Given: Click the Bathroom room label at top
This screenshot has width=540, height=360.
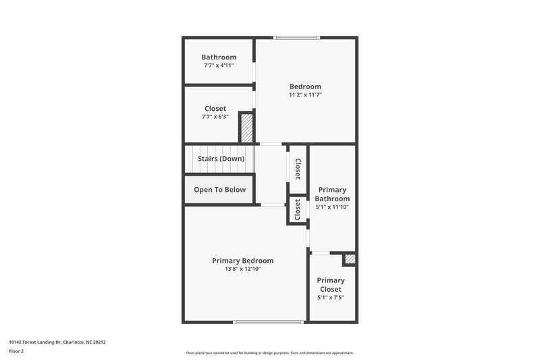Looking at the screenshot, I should [219, 57].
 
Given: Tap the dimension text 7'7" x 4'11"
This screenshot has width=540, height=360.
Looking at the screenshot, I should [219, 66].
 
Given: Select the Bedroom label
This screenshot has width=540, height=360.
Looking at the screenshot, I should [305, 86].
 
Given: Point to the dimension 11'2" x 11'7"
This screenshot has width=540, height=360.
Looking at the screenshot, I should [305, 95].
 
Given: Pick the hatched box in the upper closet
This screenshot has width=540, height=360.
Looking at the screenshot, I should [247, 128].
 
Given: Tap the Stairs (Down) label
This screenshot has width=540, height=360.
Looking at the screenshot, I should [221, 159].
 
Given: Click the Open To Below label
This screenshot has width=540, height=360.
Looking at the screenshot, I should [219, 190].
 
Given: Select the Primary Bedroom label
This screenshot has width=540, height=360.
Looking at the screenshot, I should [242, 261].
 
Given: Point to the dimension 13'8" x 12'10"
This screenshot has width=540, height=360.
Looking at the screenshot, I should [242, 269].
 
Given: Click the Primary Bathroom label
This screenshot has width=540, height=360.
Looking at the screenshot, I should [333, 195].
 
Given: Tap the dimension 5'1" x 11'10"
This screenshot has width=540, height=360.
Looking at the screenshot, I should [333, 207].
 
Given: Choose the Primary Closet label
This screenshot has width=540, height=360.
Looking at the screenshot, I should [331, 284].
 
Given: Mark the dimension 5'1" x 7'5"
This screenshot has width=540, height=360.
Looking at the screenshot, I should [331, 297].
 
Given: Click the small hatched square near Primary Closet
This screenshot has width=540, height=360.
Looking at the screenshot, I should [349, 259].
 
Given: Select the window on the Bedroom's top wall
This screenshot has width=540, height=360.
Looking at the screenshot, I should [296, 37].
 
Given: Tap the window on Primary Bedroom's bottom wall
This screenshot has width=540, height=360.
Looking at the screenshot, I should [268, 322].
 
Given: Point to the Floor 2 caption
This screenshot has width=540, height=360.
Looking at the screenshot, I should [16, 352].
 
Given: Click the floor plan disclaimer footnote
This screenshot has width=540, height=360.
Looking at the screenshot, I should [269, 353].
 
